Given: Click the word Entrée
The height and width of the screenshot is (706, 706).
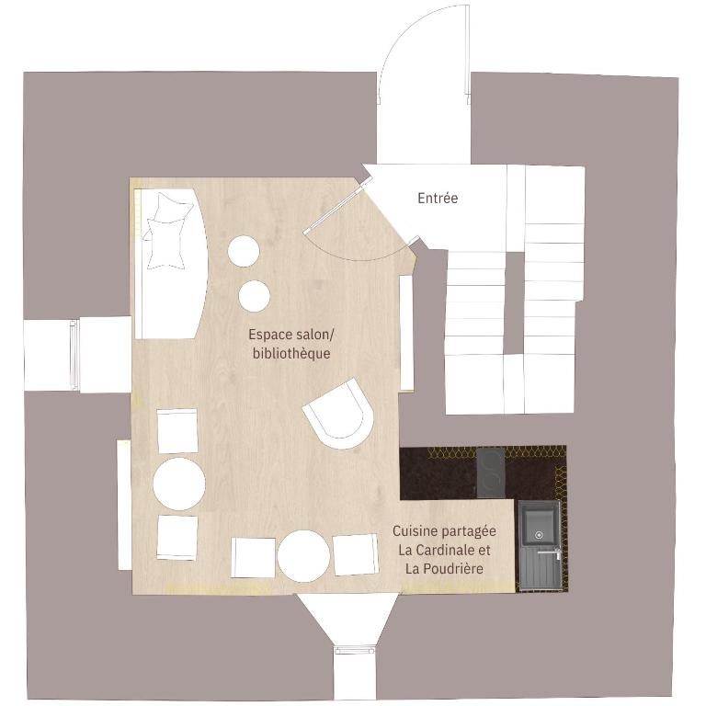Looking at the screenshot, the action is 438,199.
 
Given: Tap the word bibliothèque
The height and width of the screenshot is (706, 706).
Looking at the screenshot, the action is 291,353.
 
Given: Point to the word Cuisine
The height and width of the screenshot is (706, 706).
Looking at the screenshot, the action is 416,530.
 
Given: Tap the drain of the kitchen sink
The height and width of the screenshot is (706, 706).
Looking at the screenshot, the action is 539,535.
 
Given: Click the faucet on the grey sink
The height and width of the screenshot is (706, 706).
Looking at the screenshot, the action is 552,552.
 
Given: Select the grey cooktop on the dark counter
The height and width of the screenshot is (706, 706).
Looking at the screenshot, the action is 491,473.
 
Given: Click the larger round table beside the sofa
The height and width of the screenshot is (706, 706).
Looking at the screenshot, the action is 244,251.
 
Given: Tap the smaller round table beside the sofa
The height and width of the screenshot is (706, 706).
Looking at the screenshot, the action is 255,295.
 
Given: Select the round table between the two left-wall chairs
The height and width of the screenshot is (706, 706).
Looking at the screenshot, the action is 179,484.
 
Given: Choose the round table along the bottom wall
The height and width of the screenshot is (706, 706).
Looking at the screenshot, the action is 303,556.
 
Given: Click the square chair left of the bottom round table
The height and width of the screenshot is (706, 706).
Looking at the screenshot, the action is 253,557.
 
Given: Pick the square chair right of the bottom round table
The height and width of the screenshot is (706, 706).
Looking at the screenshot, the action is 355,554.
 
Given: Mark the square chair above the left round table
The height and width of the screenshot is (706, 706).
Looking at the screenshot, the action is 177,431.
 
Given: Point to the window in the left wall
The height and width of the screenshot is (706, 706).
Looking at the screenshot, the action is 74,354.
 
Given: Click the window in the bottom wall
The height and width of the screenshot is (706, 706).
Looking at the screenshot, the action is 355,651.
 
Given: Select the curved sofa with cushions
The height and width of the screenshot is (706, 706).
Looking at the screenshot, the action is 171,264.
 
